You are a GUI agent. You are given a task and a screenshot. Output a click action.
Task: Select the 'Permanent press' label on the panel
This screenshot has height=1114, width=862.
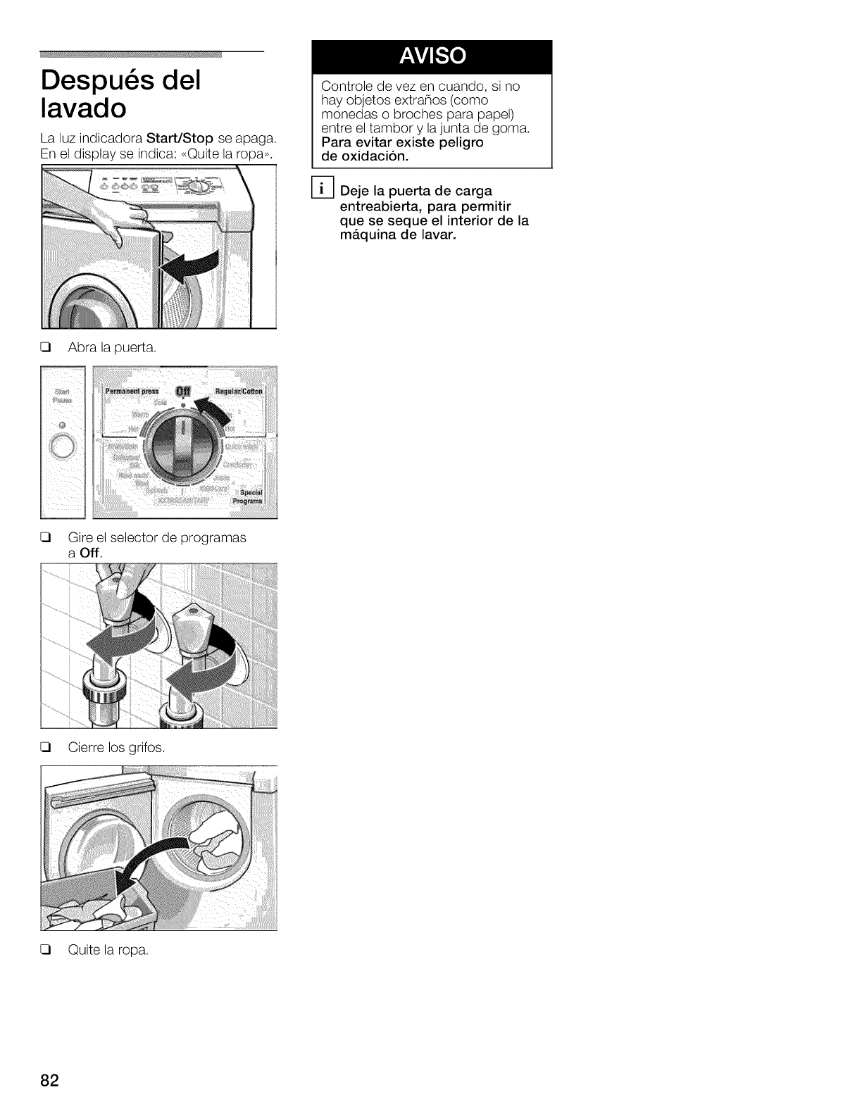click(x=132, y=392)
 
